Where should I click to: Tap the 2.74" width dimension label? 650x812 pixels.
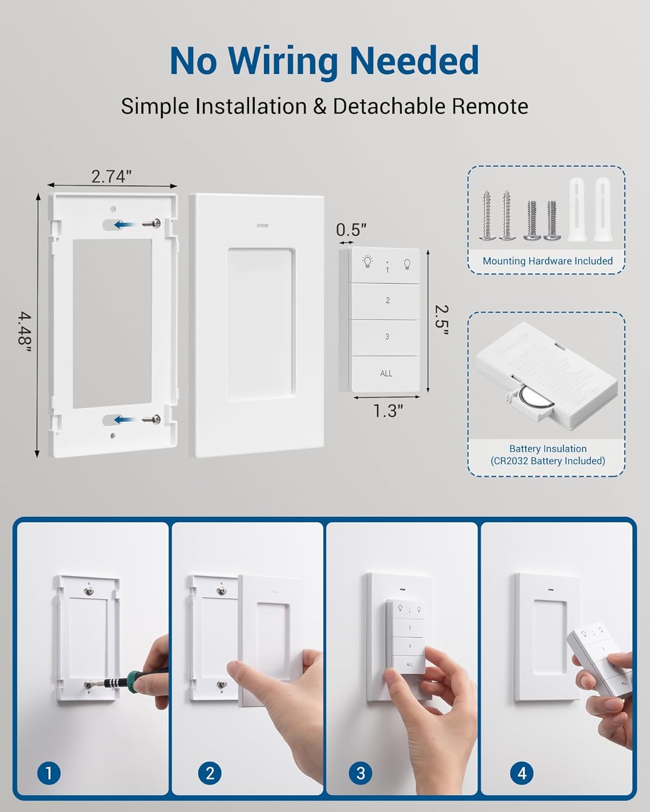click(112, 176)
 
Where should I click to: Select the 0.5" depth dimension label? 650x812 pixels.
click(351, 230)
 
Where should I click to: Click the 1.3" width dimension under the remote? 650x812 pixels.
click(388, 411)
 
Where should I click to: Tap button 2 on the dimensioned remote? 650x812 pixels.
click(387, 300)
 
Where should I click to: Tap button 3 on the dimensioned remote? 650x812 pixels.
click(387, 337)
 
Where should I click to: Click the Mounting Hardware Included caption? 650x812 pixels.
click(547, 261)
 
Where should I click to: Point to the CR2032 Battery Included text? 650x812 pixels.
click(547, 461)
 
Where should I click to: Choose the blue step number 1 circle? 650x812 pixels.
click(49, 773)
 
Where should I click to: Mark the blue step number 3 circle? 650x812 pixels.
click(361, 773)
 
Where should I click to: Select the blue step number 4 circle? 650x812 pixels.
click(522, 773)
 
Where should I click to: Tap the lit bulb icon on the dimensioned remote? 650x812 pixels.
click(367, 263)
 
